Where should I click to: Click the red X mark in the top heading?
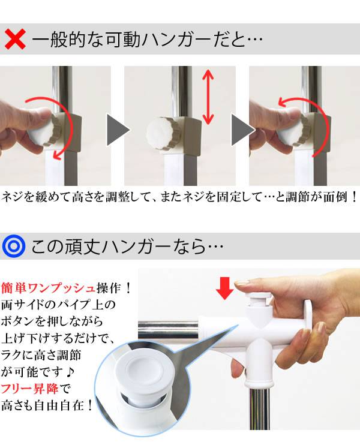point(15,39)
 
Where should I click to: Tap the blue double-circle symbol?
point(14,246)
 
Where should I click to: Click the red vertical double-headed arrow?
point(208,97)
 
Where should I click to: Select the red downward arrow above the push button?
point(225,288)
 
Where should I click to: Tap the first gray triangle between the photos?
point(118,130)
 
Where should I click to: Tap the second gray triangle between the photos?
point(242,130)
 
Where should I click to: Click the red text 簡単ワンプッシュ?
point(49,288)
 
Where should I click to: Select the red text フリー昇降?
point(30,389)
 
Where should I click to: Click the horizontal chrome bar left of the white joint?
point(168,329)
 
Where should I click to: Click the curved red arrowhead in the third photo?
point(284,102)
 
